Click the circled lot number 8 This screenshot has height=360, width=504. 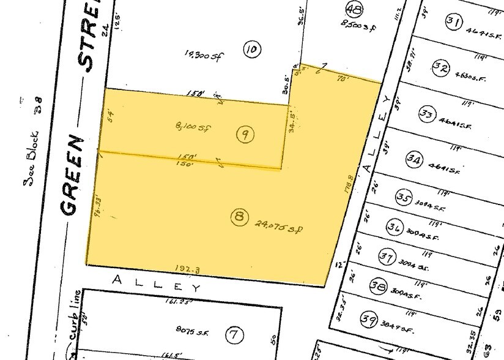[240, 216]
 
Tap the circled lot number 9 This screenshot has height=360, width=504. [245, 135]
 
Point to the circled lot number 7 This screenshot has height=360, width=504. [234, 335]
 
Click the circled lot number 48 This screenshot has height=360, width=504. [353, 9]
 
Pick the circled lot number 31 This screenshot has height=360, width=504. [453, 23]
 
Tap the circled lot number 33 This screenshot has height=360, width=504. [427, 113]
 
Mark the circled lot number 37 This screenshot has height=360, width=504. [387, 257]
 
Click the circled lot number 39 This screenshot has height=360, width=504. [368, 319]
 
